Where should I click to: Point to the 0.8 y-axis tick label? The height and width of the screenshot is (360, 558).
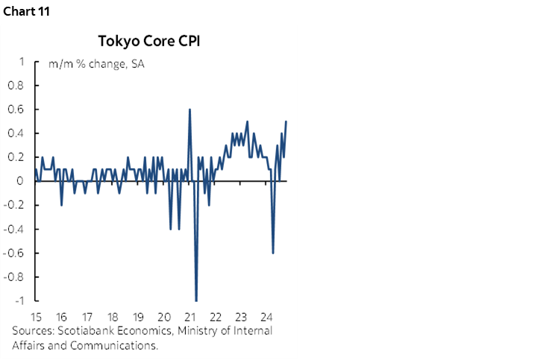16,86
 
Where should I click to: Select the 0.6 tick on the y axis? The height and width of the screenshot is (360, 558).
16,110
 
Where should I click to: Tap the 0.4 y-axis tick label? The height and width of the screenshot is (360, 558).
16,133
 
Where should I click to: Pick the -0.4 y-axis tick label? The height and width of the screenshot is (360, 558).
14,229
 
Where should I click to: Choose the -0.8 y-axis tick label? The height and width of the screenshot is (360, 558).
14,277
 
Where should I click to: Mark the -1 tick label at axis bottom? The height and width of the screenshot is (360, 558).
18,300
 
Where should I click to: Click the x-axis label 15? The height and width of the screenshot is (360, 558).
36,315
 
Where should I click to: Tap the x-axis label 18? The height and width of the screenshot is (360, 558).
113,315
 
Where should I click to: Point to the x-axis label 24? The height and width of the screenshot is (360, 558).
266,315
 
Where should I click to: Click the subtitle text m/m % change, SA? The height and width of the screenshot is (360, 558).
96,63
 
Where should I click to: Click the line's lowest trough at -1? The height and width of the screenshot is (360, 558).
196,300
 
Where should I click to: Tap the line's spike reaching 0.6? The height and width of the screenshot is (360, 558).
189,110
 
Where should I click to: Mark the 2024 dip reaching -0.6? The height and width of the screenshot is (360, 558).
273,252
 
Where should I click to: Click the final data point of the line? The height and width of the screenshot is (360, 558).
286,121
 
